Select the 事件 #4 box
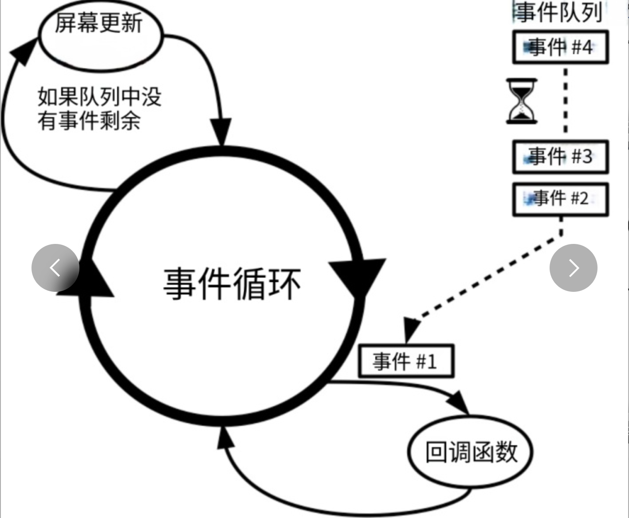click(560, 47)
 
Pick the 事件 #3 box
click(560, 157)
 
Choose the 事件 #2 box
click(560, 199)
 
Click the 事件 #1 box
click(405, 361)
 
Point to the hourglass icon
click(522, 101)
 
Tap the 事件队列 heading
click(558, 12)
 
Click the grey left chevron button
click(55, 268)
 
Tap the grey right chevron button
click(573, 268)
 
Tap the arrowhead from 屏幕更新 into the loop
click(220, 131)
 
